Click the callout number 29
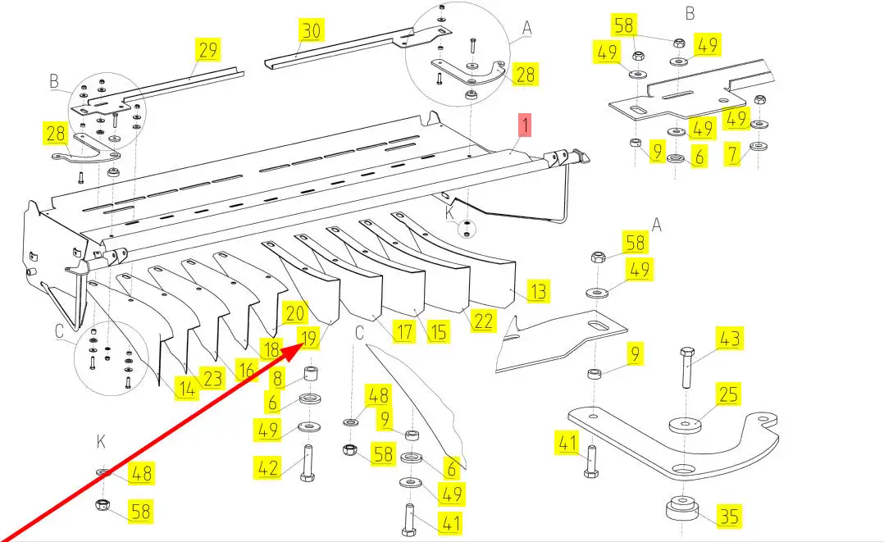[208, 49]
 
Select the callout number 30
[311, 31]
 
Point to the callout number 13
[538, 291]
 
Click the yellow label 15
[439, 331]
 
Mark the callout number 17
[403, 332]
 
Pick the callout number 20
[294, 312]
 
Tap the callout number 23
[212, 379]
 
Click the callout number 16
[244, 369]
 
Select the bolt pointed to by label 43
[687, 370]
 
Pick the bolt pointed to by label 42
[308, 464]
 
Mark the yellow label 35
[729, 517]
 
